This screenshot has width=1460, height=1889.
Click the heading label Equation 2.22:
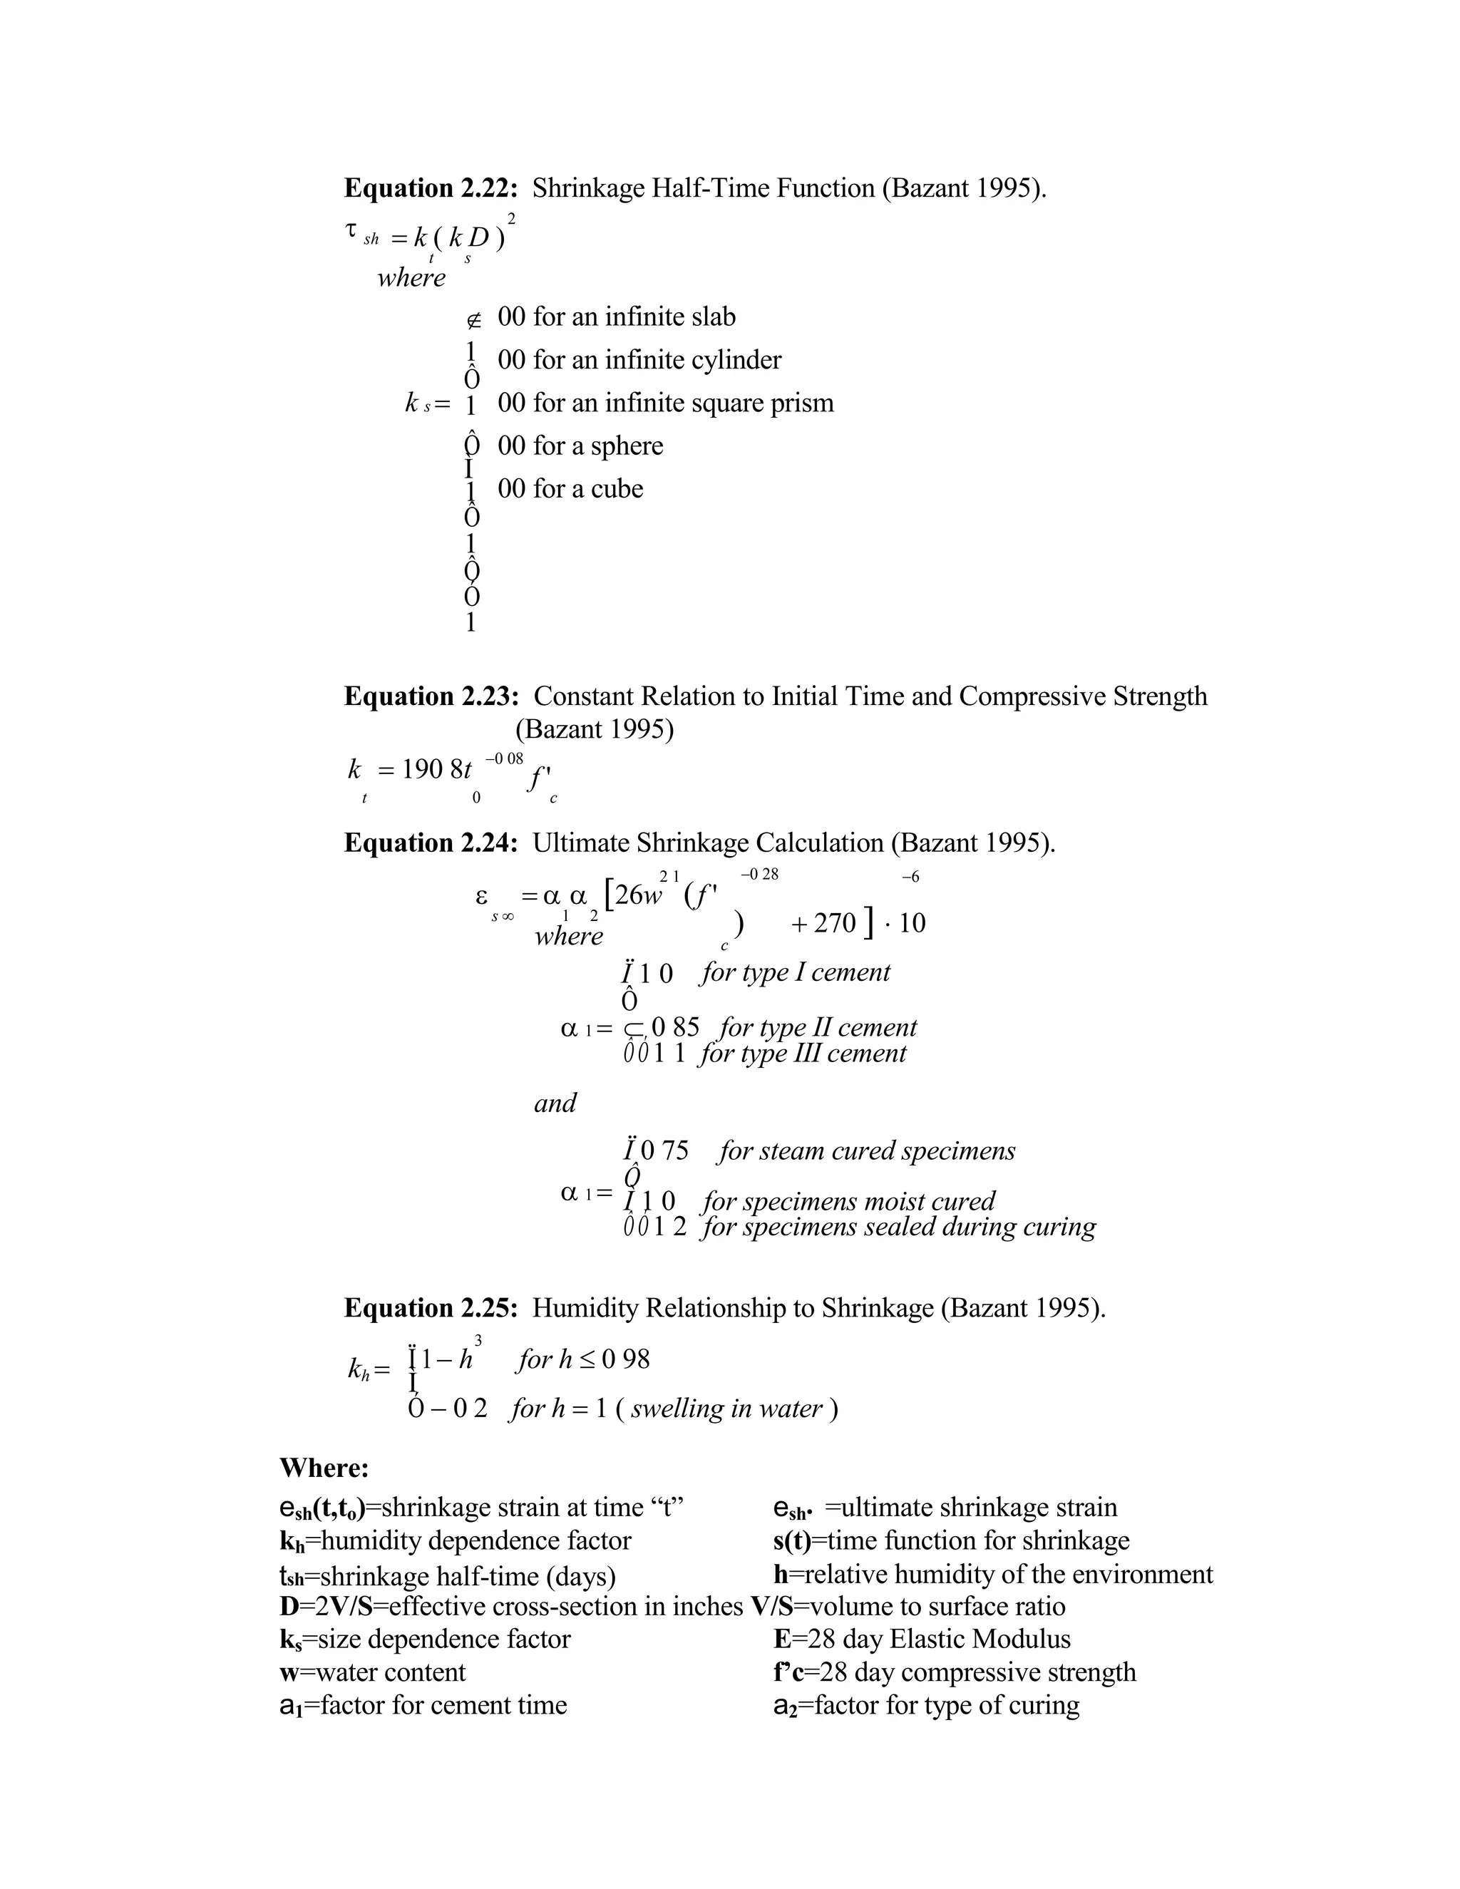tap(431, 189)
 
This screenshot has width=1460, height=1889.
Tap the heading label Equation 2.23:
tap(431, 696)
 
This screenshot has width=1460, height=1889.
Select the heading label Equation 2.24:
tap(431, 843)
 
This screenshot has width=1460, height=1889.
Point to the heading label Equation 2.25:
tap(431, 1308)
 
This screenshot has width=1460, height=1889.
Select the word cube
tap(617, 490)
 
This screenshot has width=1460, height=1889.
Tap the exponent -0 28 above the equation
tap(759, 875)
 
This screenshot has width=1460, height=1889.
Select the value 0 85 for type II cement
tap(674, 1027)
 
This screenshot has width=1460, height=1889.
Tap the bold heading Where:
tap(324, 1468)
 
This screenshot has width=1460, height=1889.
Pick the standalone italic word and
tap(555, 1103)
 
